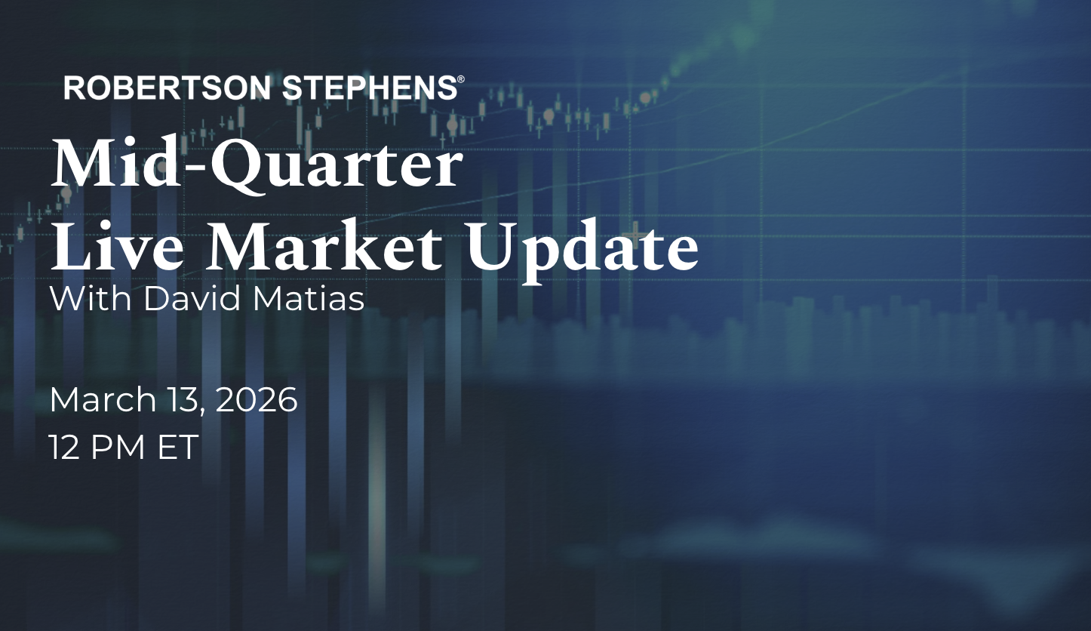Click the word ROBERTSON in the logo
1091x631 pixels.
(167, 88)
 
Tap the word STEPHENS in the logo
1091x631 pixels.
(370, 88)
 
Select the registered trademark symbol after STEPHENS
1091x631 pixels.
(461, 79)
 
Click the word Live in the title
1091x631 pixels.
(118, 245)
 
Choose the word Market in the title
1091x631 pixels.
(325, 245)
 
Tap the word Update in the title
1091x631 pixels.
(583, 251)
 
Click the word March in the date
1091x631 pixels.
(103, 399)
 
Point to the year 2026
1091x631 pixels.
(257, 399)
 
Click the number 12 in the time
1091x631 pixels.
(65, 448)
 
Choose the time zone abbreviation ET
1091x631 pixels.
(178, 448)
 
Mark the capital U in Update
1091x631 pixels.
(494, 247)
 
